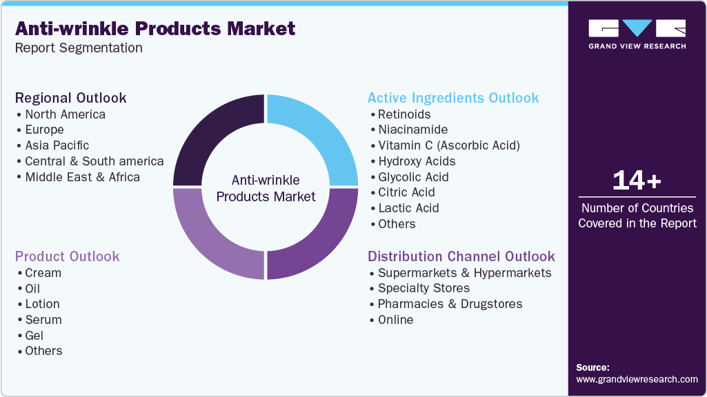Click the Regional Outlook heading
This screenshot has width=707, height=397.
click(x=71, y=98)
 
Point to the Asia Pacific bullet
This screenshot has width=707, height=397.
click(x=57, y=145)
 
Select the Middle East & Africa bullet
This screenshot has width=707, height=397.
click(x=82, y=177)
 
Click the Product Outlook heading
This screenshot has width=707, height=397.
click(x=68, y=256)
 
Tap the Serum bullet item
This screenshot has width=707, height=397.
click(x=43, y=320)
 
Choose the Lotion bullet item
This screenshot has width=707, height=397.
click(x=42, y=304)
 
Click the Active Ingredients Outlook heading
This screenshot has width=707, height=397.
click(x=453, y=98)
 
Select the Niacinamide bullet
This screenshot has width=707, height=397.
click(x=412, y=130)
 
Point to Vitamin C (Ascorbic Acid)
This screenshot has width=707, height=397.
click(x=448, y=145)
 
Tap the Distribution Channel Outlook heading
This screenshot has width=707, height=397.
click(x=461, y=256)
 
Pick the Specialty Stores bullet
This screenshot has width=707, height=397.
click(x=424, y=288)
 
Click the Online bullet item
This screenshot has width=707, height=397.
click(x=395, y=320)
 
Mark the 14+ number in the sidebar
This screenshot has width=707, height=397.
click(x=637, y=181)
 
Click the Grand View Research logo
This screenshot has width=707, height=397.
click(x=637, y=34)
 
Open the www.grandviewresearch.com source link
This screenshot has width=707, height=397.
click(x=637, y=379)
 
